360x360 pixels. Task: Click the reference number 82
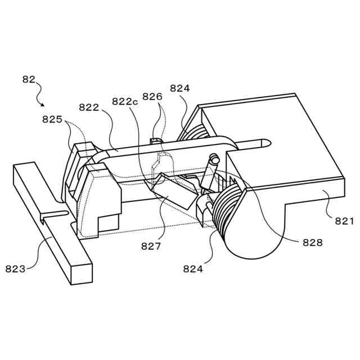(x=29, y=79)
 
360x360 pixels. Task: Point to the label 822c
(x=125, y=101)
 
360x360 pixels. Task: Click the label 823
(x=15, y=269)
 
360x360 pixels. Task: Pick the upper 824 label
(x=180, y=88)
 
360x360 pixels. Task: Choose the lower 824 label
(x=193, y=269)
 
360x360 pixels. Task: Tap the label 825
(x=52, y=119)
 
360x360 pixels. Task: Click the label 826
(x=152, y=97)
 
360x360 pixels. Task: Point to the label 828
(x=312, y=242)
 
